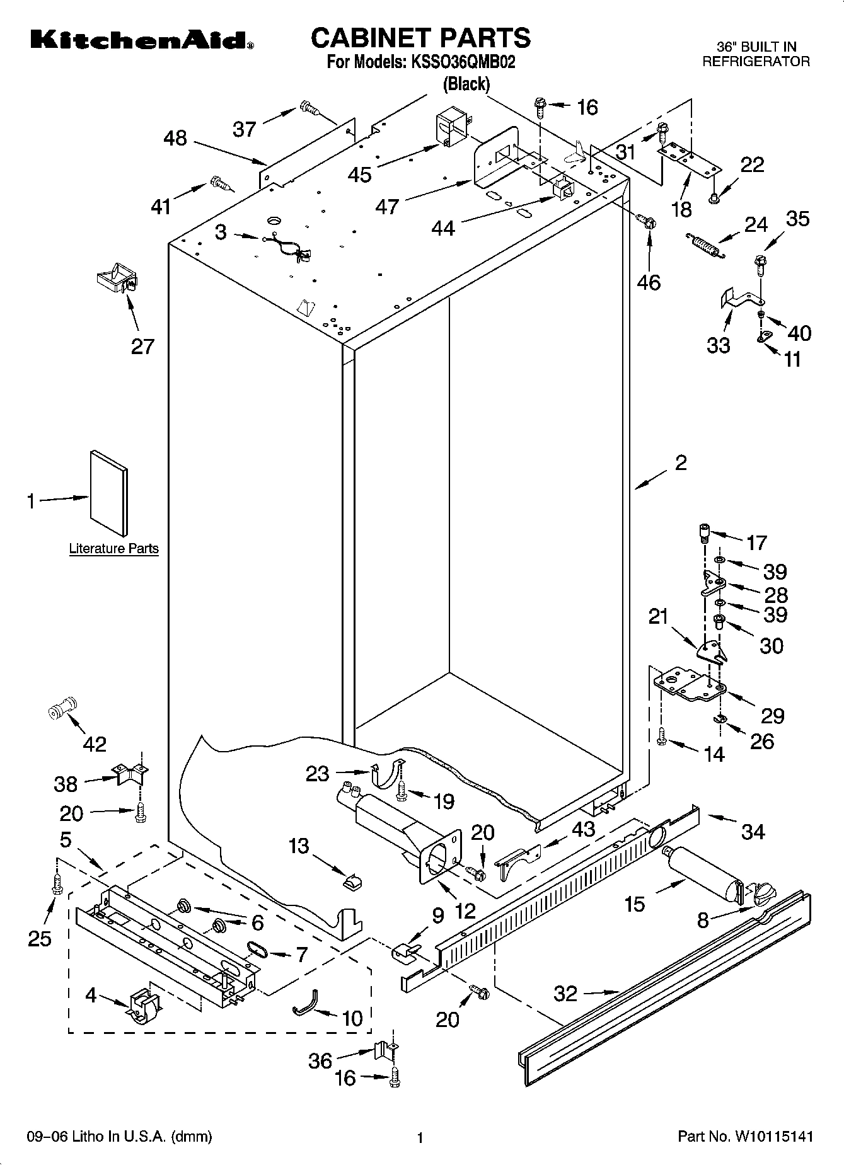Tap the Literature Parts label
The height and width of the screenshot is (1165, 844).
pos(113,548)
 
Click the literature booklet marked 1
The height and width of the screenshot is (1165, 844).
pos(108,493)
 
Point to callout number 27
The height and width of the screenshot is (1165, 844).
pos(142,346)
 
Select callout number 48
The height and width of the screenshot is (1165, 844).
pos(175,138)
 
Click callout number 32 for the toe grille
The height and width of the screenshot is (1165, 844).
pos(565,994)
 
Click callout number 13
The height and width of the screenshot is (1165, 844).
pos(299,846)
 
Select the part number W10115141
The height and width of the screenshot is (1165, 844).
pos(771,1137)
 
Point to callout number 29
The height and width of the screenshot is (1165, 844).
pos(772,715)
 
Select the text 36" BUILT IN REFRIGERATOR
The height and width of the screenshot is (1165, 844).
pos(756,54)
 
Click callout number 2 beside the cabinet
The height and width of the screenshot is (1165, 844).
pos(681,463)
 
